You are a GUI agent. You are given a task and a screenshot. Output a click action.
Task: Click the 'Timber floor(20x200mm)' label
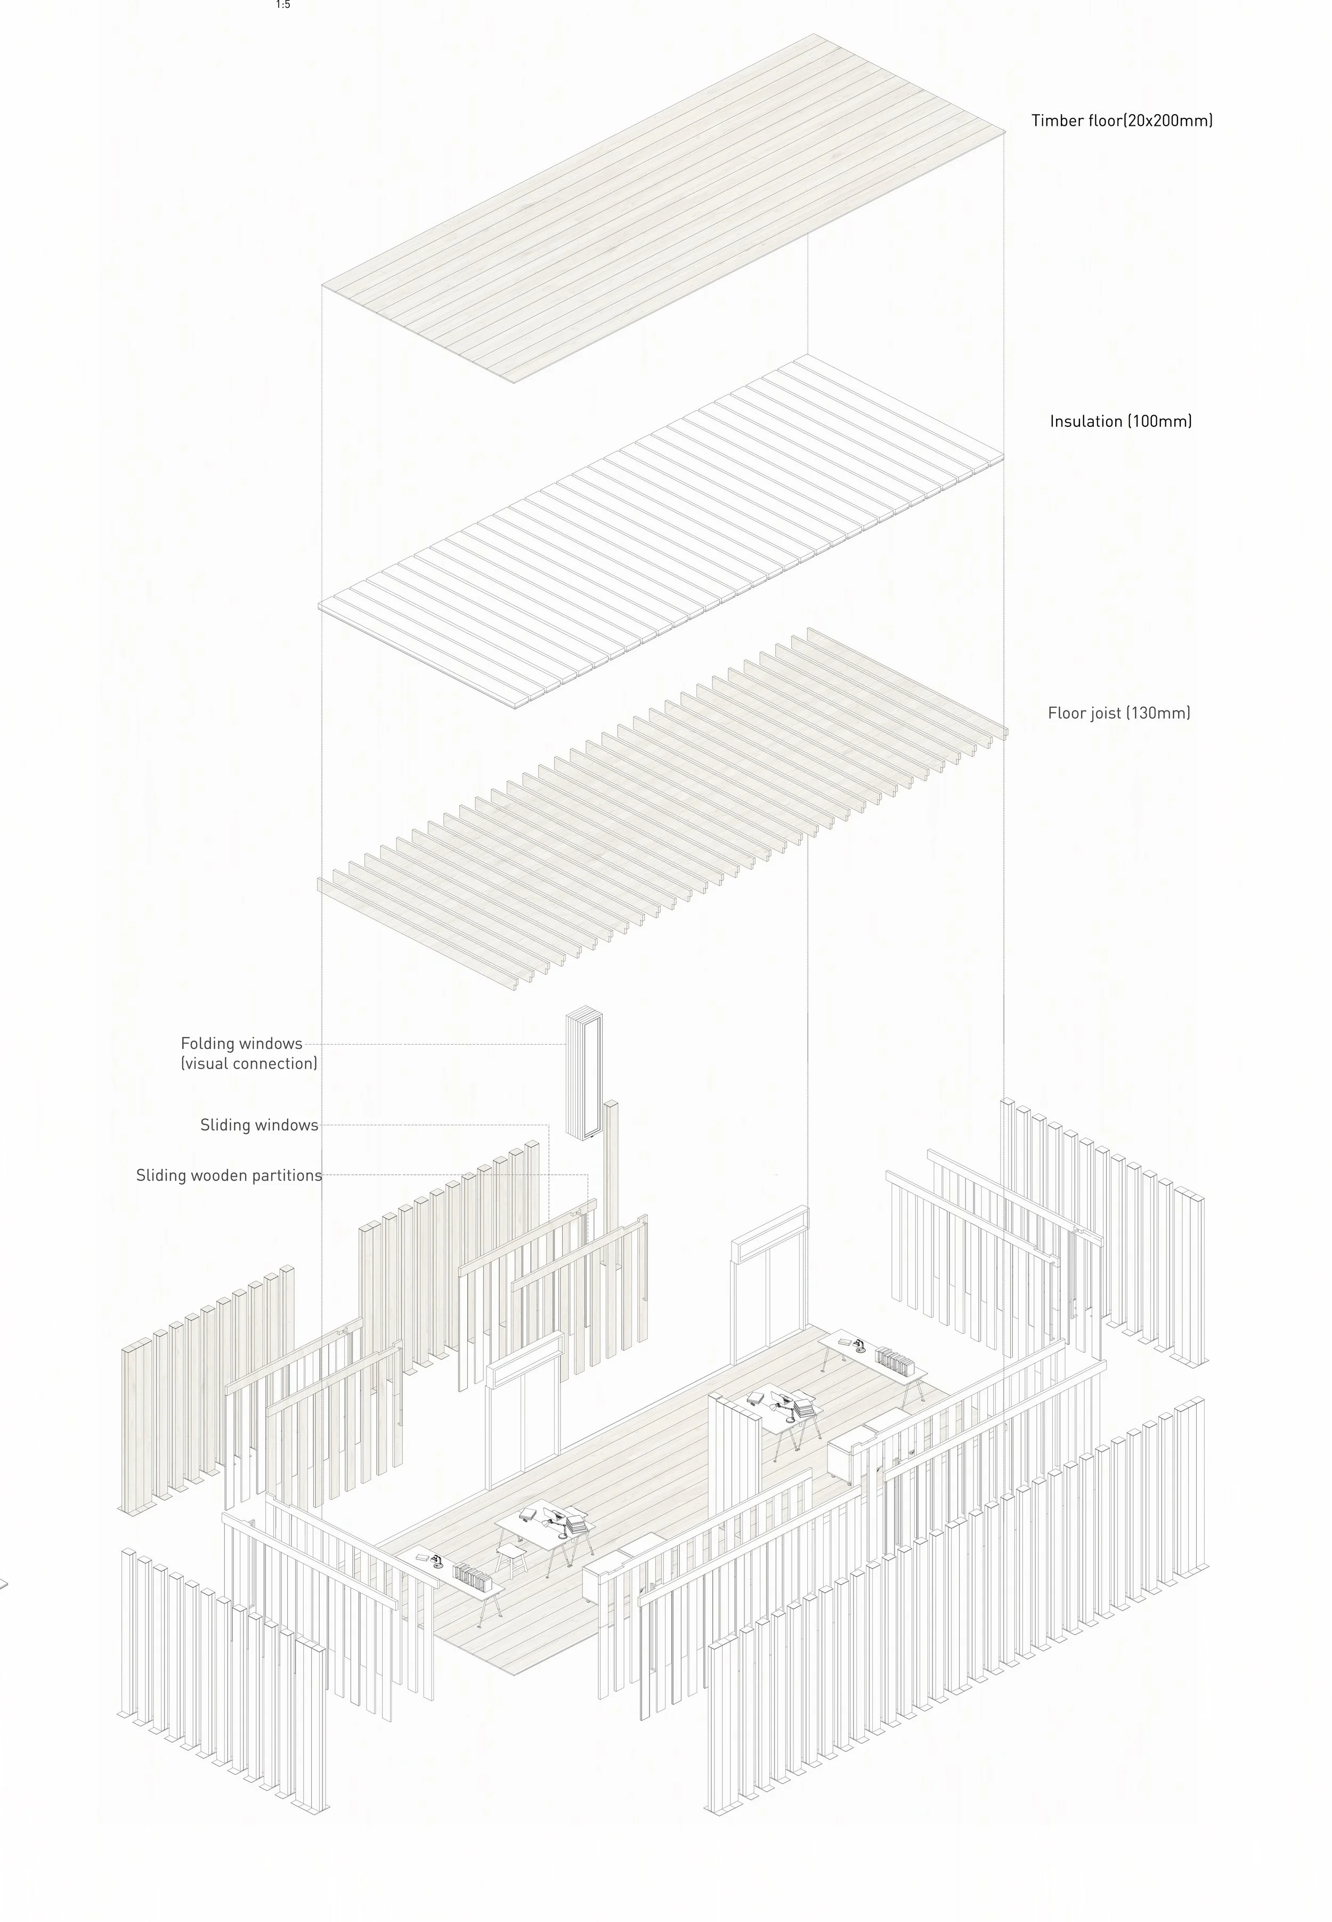point(1122,120)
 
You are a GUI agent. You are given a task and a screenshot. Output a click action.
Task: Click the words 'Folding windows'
point(241,1044)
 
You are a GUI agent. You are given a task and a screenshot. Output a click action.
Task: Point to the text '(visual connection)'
point(249,1064)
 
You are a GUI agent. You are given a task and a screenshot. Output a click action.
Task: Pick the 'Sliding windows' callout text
point(259,1126)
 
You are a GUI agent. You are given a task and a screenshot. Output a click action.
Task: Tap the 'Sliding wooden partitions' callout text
point(229,1176)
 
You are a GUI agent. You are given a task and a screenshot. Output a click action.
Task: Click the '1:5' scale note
point(283,5)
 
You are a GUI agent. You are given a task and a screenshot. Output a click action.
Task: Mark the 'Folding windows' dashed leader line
point(434,1044)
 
